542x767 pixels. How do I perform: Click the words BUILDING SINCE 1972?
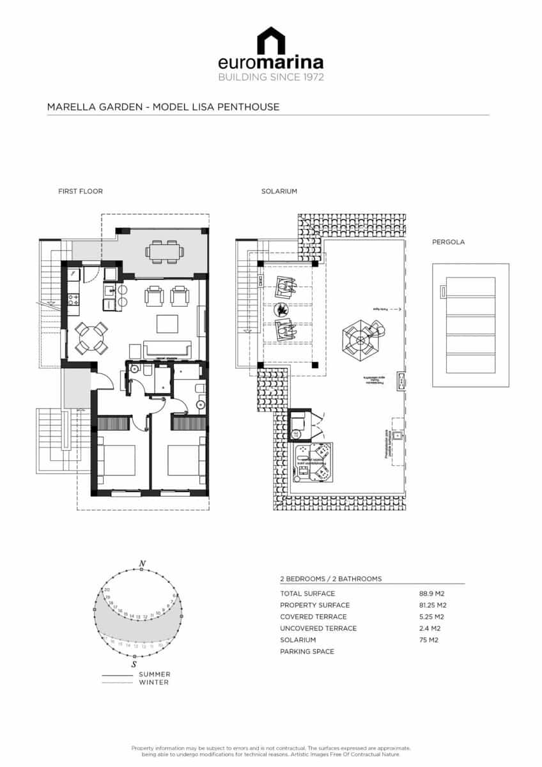(271, 77)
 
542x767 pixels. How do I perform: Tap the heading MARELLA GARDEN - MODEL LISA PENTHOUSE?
(163, 107)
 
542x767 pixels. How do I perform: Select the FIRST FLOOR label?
(81, 191)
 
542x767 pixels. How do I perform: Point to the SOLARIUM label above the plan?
(279, 191)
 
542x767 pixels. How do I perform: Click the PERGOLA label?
(448, 242)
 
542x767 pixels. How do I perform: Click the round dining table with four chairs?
(91, 337)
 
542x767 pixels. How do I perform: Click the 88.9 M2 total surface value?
(432, 594)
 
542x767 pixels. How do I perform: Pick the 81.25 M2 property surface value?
(433, 605)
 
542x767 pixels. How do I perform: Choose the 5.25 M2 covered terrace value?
(431, 617)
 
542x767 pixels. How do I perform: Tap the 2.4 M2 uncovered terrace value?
(430, 628)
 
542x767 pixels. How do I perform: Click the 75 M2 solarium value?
(428, 640)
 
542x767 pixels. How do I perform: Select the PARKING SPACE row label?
(307, 651)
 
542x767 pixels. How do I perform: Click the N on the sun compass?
(142, 563)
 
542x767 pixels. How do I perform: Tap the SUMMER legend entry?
(154, 674)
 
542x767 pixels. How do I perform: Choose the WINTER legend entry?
(153, 682)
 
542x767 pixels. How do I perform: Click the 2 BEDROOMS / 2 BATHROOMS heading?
(330, 579)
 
